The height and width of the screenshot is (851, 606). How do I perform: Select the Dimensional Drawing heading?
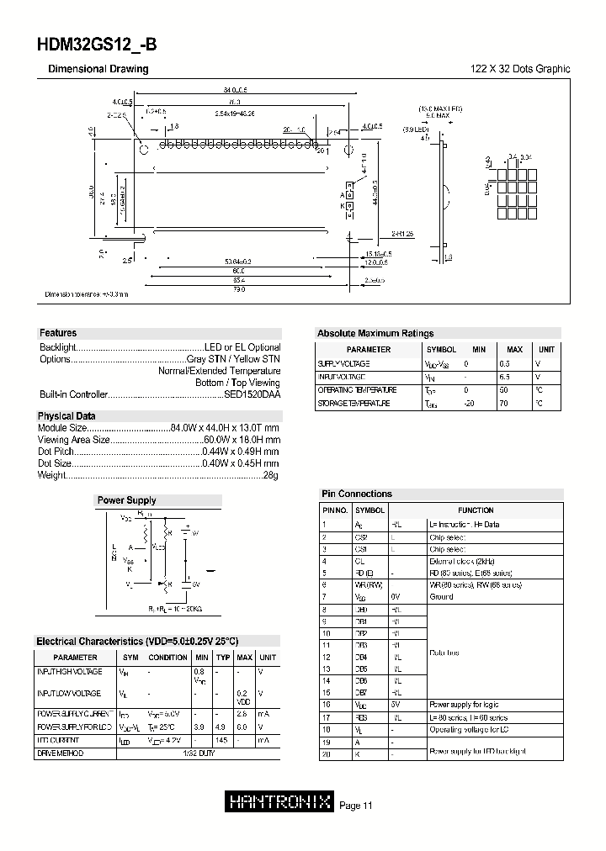98,69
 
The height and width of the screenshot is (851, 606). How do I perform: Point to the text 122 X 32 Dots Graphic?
519,69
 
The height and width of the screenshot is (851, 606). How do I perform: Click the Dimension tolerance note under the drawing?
87,295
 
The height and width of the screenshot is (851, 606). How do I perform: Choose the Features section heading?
58,333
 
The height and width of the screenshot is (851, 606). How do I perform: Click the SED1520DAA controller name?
252,394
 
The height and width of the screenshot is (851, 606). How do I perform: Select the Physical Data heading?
66,416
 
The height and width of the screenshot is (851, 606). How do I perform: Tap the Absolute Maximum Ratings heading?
375,333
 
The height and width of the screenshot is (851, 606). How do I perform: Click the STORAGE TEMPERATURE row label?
353,404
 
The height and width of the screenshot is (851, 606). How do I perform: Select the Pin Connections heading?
357,494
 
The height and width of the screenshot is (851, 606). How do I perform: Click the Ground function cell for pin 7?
441,596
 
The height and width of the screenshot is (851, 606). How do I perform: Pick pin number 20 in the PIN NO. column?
324,755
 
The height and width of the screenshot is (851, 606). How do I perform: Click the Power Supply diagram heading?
126,500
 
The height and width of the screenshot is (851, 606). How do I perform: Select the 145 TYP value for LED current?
223,740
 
